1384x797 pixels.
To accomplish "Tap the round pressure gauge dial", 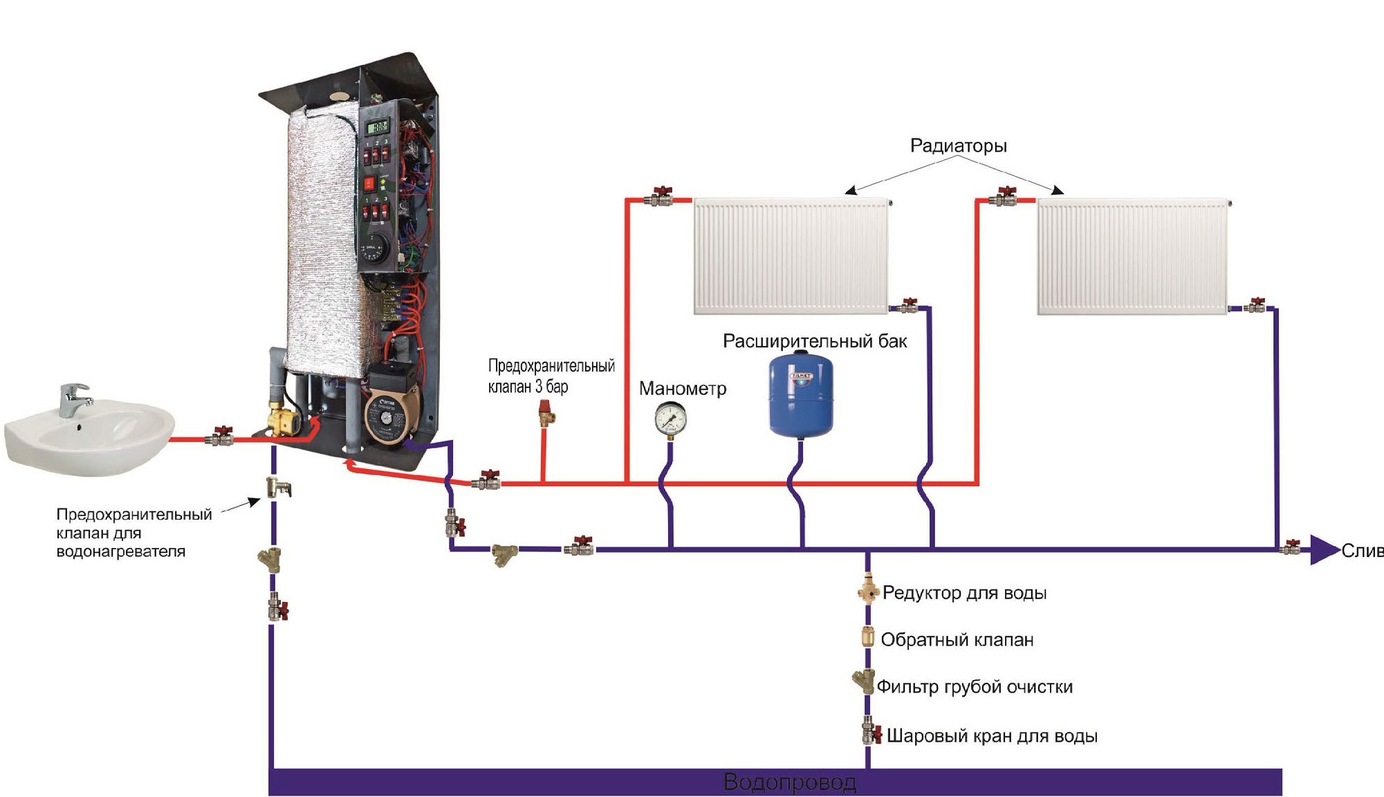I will pos(670,418).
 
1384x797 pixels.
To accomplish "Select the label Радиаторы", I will pos(958,146).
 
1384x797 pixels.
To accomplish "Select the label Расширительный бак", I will pos(814,341).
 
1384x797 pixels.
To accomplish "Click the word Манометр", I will pos(682,389).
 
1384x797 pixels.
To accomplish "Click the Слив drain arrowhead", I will pos(1324,551).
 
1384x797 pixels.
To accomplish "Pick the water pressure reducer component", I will pos(867,592).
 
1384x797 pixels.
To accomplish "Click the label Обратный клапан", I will pos(957,640).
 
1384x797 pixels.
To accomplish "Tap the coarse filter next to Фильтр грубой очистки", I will pos(864,681).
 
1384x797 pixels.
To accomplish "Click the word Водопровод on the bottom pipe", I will pos(789,782).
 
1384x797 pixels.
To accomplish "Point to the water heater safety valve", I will pos(278,488).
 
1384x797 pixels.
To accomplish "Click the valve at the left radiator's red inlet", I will pos(661,198).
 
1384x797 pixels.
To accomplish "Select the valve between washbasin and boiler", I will pos(222,436).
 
